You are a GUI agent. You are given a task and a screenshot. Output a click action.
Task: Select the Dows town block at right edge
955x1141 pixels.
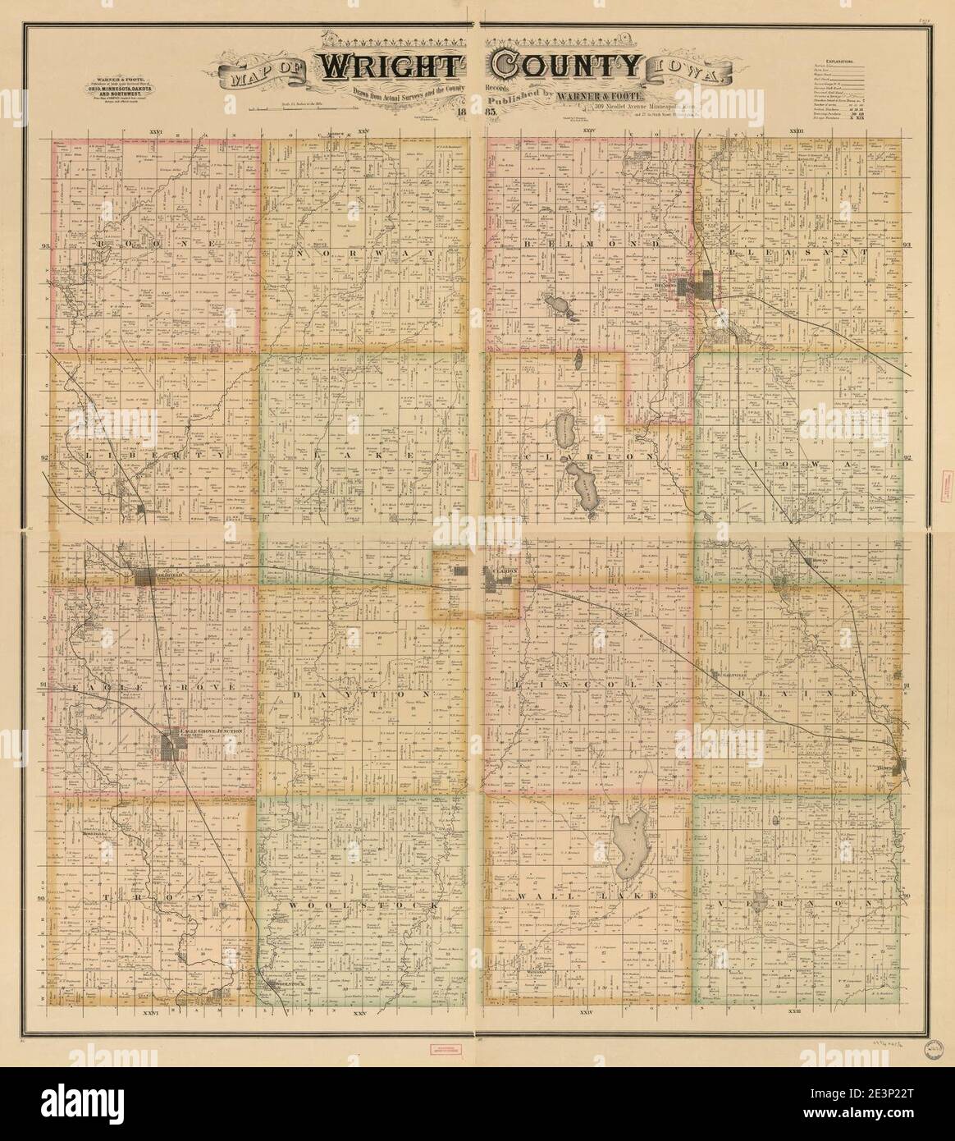click(900, 767)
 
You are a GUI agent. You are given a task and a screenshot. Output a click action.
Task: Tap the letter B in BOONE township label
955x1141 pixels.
click(102, 245)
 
